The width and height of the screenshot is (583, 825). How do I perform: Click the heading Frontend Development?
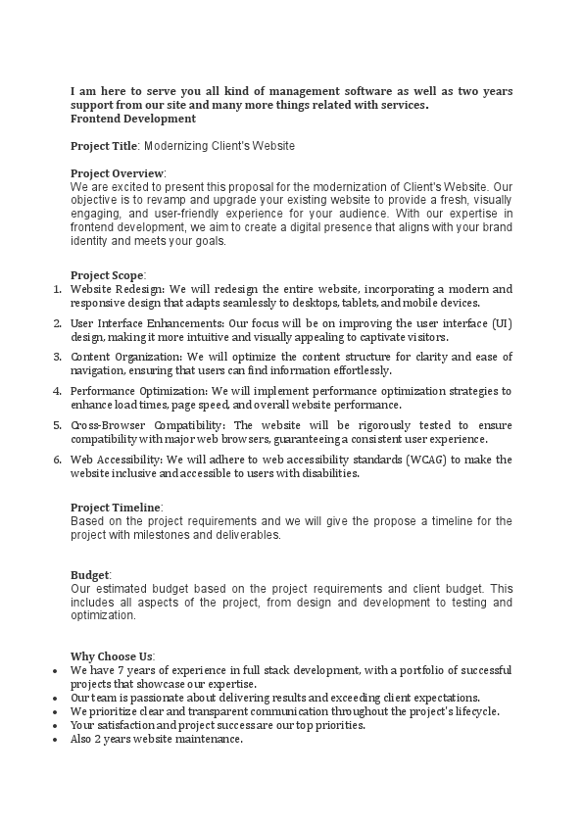tap(132, 119)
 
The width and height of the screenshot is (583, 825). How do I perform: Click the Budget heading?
tap(90, 575)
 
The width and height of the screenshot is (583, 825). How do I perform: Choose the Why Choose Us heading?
tap(112, 655)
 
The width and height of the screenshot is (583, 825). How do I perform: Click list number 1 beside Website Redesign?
tap(57, 289)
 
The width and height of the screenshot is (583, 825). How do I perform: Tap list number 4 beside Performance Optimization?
tap(57, 391)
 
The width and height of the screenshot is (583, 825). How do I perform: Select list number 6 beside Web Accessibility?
tap(57, 459)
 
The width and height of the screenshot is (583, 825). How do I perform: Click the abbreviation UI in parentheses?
tap(500, 323)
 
